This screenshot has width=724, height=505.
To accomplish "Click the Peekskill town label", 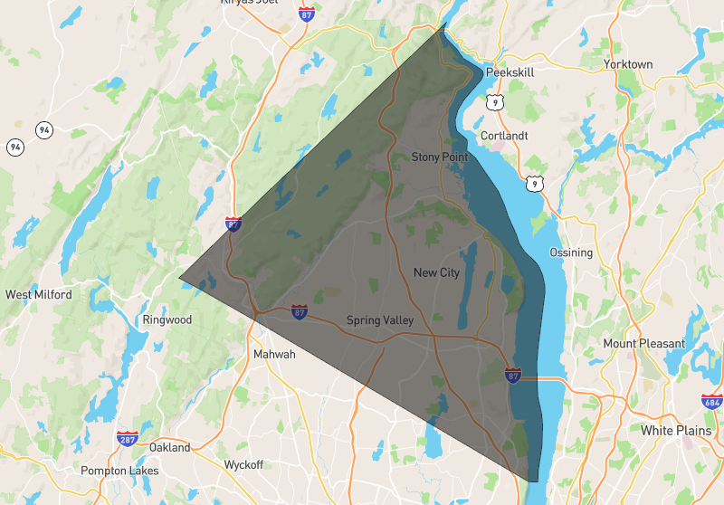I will point(511,71).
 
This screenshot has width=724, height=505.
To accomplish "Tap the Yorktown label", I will point(628,64).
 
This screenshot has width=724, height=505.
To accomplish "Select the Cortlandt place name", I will point(503,136).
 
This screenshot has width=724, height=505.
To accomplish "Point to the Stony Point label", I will point(440,157).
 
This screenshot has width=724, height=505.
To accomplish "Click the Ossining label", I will point(571,252).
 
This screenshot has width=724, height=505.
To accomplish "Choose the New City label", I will point(437,272).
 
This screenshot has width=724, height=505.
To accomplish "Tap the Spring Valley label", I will point(380,320).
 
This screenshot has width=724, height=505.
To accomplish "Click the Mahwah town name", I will point(274,354).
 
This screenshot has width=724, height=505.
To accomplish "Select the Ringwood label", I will point(167,319).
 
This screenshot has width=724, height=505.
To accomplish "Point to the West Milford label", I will point(38,294).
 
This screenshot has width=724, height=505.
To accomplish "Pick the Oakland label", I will point(170,447).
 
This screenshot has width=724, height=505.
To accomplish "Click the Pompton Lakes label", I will point(119,471).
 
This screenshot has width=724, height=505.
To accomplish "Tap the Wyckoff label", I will point(243,464).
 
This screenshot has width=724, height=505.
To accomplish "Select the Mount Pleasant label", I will point(644,344).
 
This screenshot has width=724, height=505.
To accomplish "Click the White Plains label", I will point(675,430).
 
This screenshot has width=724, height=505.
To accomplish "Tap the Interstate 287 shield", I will point(128,439).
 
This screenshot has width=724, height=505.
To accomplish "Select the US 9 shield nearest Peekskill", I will point(494,102).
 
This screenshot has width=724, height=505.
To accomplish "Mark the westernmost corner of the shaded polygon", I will point(179,277).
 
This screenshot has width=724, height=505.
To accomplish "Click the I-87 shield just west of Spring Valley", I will point(299,312).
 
